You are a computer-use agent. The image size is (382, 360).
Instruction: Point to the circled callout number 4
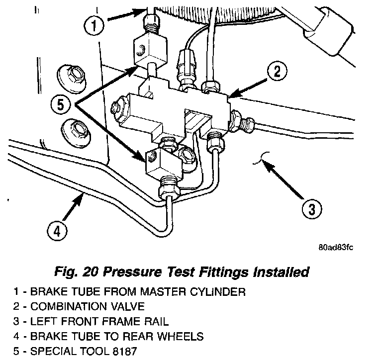[56, 231]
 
